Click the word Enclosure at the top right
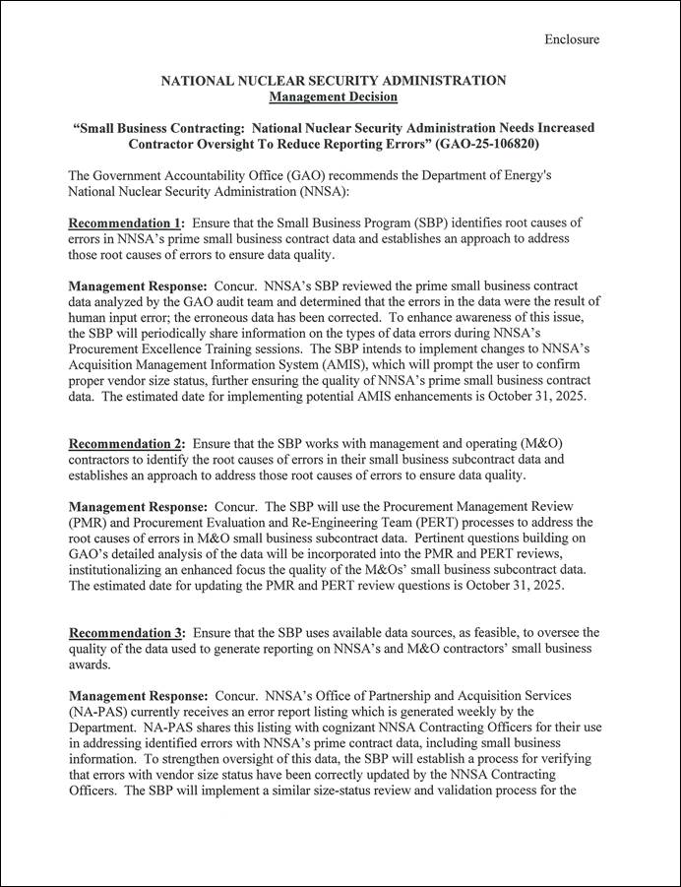(x=572, y=39)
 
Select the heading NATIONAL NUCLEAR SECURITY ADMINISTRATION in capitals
(x=334, y=81)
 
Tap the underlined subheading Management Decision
(x=334, y=96)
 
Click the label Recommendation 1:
(x=126, y=223)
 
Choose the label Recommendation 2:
(x=126, y=444)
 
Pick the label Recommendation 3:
(x=126, y=632)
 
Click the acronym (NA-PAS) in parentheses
(x=101, y=711)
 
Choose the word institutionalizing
(x=126, y=569)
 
